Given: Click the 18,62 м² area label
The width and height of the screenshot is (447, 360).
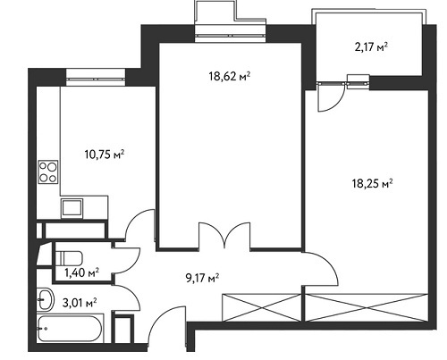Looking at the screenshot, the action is (x=229, y=77).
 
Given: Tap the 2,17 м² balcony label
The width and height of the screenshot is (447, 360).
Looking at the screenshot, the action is (x=371, y=46).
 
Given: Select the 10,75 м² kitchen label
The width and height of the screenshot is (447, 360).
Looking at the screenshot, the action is (x=105, y=155).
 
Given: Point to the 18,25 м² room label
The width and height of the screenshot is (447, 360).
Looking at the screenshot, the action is (x=372, y=183).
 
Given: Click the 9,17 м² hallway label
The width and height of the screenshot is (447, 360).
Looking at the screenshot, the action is (x=202, y=279).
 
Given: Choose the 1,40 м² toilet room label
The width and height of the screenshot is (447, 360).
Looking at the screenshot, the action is (x=82, y=272).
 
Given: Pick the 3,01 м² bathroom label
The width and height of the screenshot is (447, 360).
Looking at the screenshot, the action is (x=80, y=303).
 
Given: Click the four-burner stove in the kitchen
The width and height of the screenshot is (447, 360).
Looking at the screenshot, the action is (x=48, y=172).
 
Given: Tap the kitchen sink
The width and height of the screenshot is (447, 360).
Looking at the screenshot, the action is (x=72, y=207).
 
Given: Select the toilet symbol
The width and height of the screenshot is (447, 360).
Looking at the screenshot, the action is (x=69, y=258).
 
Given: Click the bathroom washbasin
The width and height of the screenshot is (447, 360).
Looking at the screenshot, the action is (x=46, y=299).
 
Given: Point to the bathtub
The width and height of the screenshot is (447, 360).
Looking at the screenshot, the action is (x=70, y=329).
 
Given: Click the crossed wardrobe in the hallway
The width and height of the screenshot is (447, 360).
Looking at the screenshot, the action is (x=262, y=307).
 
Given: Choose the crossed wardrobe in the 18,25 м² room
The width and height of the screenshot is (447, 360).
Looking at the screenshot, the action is (x=367, y=307).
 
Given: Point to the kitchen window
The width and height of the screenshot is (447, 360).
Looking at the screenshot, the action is (x=96, y=79).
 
